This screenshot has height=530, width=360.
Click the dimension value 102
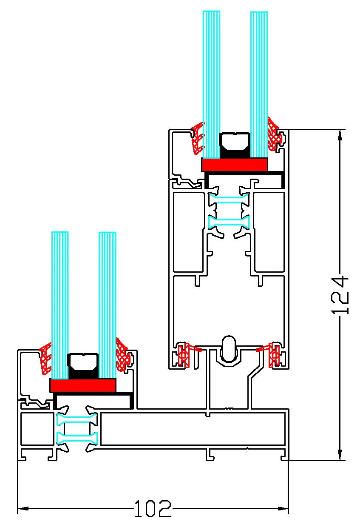point(153,508)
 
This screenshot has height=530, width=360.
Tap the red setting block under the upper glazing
point(234,165)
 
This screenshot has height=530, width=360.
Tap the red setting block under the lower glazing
point(83,385)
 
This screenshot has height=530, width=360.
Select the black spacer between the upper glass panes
point(234,145)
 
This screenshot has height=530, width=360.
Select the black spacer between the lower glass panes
point(83,366)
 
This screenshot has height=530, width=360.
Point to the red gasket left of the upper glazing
point(197,139)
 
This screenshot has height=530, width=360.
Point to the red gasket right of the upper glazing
point(273,134)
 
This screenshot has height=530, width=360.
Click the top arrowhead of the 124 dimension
point(340,135)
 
